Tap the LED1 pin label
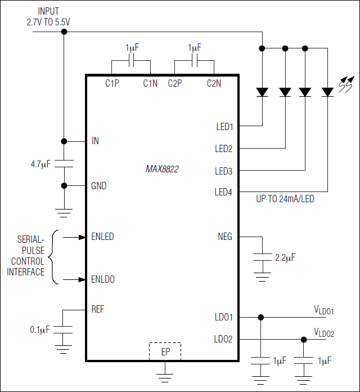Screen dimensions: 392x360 pos(224,127)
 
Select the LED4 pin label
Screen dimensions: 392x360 pos(223,192)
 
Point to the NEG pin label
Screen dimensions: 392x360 pos(225,237)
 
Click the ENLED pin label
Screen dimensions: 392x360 pos(102,237)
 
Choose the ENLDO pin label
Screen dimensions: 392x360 pos(103,279)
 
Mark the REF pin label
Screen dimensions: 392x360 pos(98,309)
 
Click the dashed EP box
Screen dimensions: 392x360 pos(165,351)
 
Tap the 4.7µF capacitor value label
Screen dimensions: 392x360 pos(40,164)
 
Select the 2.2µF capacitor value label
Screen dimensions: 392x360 pos(285,257)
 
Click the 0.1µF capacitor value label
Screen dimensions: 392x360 pos(40,329)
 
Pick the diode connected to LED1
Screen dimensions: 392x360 pos(262,92)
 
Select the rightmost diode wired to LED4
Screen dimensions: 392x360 pos(328,92)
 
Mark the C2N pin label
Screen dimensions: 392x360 pos(214,83)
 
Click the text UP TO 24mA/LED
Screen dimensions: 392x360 pos(285,199)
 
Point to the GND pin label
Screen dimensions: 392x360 pos(99,186)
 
